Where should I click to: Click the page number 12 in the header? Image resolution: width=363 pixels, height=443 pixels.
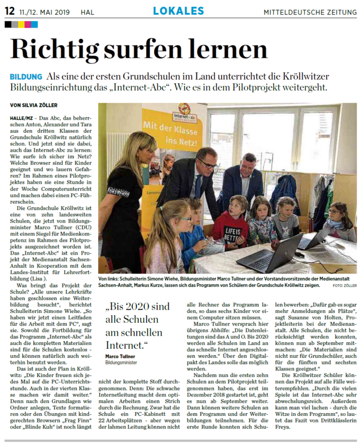tap(9, 10)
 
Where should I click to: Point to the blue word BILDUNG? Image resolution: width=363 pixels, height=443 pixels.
tap(26, 76)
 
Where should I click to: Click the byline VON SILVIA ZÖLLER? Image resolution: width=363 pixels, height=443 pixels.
tap(34, 105)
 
